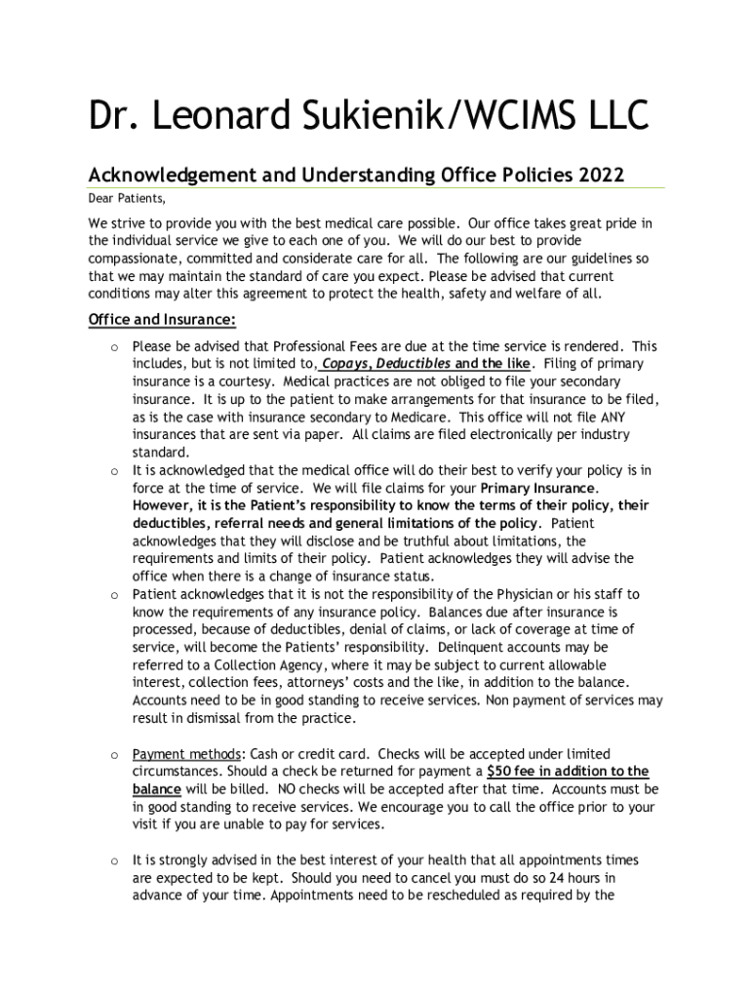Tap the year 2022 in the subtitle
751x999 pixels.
pyautogui.click(x=601, y=176)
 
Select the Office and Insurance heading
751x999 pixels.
pyautogui.click(x=162, y=320)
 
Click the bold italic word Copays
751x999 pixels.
pyautogui.click(x=351, y=364)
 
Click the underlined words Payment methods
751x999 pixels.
pyautogui.click(x=186, y=754)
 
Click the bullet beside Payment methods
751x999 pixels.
pyautogui.click(x=114, y=755)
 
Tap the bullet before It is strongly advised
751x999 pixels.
pyautogui.click(x=114, y=860)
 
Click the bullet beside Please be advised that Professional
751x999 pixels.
pyautogui.click(x=114, y=346)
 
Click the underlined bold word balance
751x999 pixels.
pyautogui.click(x=156, y=789)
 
